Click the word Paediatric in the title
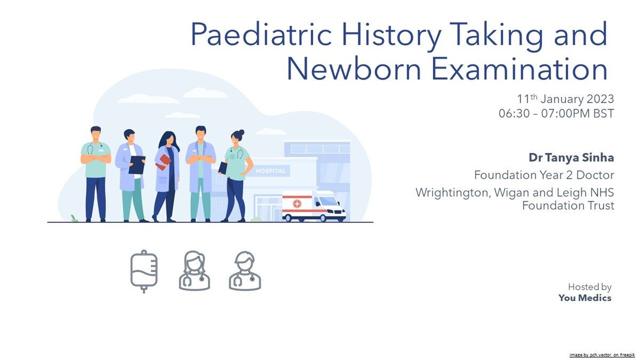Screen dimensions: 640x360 coord(261,34)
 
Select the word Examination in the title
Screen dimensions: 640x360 coord(519,69)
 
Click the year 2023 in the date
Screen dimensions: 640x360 coord(600,99)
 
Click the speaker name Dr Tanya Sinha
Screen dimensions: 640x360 coord(571,158)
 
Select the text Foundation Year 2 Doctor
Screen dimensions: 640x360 coord(544,175)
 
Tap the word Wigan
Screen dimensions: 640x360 coord(511,193)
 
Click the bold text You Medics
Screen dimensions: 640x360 coord(585,298)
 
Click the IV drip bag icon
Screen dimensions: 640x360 coord(143,271)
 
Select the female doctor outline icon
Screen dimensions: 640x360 coord(194,270)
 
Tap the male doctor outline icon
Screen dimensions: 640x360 coord(245,270)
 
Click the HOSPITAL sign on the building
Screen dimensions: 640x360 coord(270,171)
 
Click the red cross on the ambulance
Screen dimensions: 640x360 coord(297,204)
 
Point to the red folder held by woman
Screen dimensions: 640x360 coord(163,162)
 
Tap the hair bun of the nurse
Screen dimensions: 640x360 coord(241,133)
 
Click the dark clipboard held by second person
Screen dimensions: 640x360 coord(137,165)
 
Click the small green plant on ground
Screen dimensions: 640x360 coord(74,218)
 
